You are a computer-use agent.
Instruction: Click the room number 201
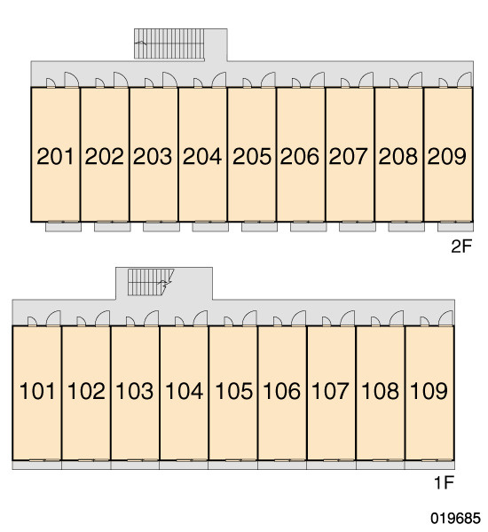55,156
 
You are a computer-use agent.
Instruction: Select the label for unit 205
252,156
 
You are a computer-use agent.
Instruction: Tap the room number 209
446,156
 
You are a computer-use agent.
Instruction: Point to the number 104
185,391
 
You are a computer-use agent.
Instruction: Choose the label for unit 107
330,391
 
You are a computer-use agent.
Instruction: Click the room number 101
37,391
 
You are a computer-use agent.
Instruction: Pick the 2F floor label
461,246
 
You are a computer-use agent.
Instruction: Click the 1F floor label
445,482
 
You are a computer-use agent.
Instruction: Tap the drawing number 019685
455,518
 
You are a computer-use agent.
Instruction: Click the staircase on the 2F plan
169,43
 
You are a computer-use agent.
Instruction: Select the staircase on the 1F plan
151,282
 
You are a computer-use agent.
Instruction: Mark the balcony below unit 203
161,227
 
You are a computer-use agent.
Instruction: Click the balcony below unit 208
406,227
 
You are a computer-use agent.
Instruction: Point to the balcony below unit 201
64,227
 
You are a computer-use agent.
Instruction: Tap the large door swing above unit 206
317,80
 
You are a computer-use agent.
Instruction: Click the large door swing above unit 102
103,318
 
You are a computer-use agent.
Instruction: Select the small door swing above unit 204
198,83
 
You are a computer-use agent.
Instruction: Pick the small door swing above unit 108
375,322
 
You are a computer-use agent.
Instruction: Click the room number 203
153,156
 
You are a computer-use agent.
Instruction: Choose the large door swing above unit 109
446,318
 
